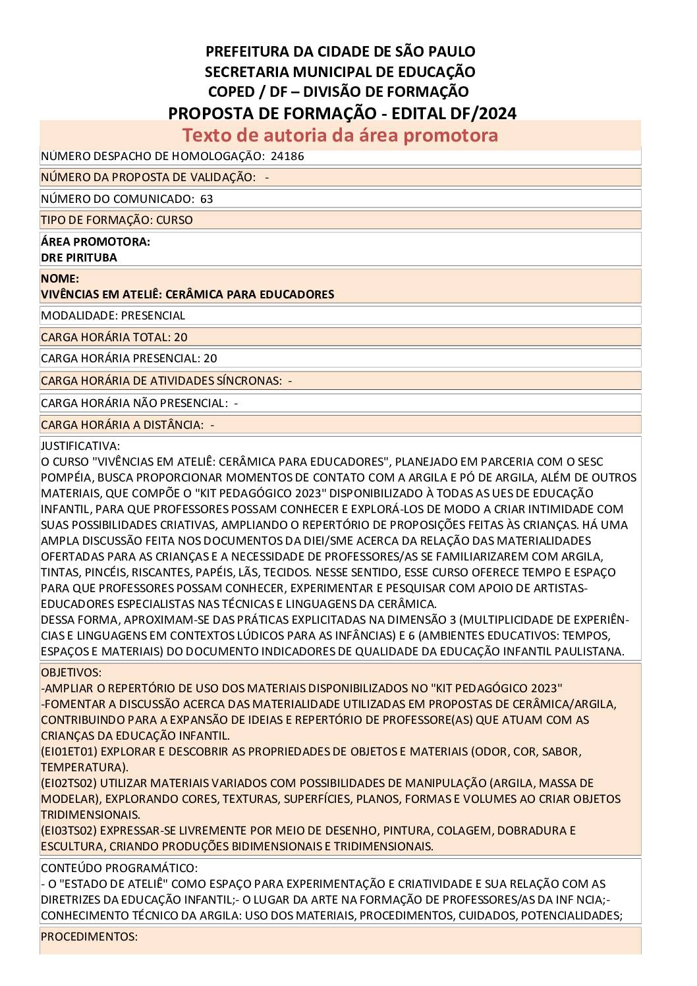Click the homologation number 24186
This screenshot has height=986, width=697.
click(x=287, y=156)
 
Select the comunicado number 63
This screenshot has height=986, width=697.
click(x=207, y=199)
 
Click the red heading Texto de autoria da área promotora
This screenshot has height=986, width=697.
click(x=340, y=135)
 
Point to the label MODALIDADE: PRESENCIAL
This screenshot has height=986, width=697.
click(x=113, y=315)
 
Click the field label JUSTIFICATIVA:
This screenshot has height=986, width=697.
click(x=80, y=446)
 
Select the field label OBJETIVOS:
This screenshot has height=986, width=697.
click(x=71, y=672)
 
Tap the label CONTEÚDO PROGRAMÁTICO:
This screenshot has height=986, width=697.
click(x=119, y=868)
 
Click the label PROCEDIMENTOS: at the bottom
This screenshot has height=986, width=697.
click(x=89, y=937)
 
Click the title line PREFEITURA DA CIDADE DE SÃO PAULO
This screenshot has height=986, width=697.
click(x=340, y=51)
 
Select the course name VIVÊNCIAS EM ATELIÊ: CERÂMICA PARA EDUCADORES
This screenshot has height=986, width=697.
click(x=187, y=294)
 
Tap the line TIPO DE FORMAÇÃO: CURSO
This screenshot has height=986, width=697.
click(x=117, y=220)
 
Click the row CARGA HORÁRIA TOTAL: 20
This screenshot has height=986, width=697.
click(x=114, y=337)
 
